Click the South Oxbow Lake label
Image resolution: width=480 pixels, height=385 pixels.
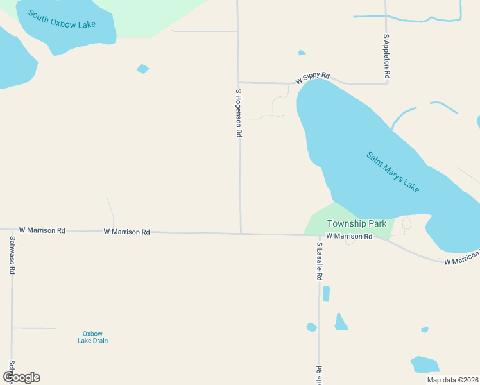point(62,19)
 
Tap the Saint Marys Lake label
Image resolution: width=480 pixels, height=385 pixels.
point(393,172)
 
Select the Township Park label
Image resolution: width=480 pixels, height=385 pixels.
point(357,223)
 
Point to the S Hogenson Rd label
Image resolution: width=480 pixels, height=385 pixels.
point(238,113)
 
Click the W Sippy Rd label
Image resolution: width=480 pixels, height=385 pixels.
point(313,78)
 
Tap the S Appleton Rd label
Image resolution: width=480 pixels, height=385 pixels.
point(386,57)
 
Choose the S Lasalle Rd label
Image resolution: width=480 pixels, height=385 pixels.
point(319,261)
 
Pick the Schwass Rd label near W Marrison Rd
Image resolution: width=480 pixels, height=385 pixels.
point(12,255)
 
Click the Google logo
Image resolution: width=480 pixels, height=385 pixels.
point(21,377)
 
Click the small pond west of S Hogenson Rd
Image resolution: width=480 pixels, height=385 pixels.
point(142,69)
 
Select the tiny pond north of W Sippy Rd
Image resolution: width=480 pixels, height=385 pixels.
point(302,53)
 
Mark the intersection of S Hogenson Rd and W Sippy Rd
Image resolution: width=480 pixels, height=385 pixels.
point(239,82)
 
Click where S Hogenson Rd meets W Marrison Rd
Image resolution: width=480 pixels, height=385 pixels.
point(241,234)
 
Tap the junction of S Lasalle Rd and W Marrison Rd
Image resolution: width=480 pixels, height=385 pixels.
point(319,235)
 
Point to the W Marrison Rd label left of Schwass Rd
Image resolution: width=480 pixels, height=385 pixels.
point(42,230)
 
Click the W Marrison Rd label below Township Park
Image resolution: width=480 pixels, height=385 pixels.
point(349,237)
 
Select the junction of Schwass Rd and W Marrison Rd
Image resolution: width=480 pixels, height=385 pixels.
point(12,229)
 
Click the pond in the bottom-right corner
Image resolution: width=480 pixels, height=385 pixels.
point(424,364)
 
